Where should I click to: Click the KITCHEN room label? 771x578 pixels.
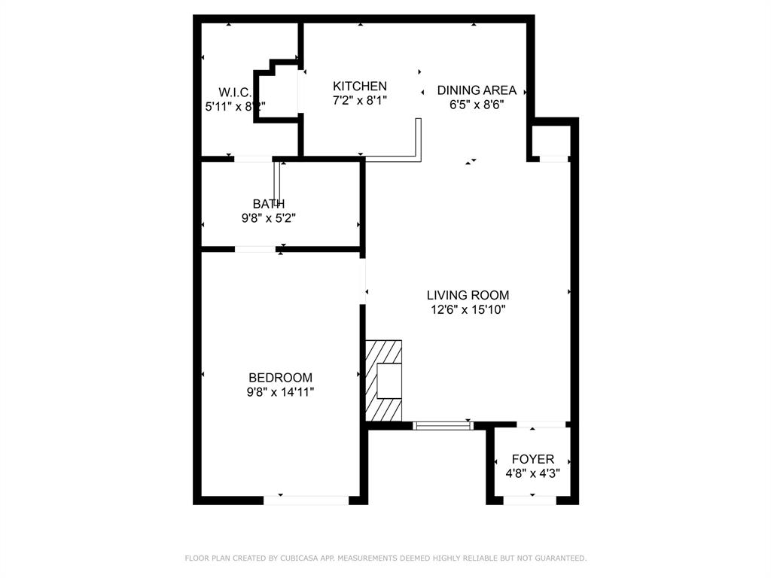[x=360, y=87]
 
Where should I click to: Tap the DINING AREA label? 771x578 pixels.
[x=477, y=90]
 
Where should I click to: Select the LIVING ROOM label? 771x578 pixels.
[x=468, y=295]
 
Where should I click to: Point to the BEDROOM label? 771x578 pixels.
[x=280, y=378]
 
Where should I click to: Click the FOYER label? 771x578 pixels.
[x=532, y=459]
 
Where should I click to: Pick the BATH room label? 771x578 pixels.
[x=268, y=203]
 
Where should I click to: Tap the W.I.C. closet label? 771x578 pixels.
[x=234, y=92]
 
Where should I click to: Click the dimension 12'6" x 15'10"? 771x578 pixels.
[x=468, y=309]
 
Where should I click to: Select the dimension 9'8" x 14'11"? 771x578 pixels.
[x=280, y=392]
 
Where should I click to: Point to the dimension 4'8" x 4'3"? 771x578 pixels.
[x=532, y=473]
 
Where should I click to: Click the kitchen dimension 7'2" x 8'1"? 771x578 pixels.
[x=360, y=101]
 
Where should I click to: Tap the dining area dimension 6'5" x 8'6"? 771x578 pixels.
[x=477, y=105]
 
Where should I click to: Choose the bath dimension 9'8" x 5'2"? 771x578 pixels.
[x=268, y=218]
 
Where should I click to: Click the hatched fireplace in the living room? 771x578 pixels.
[x=383, y=380]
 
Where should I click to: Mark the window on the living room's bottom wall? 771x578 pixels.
[x=443, y=425]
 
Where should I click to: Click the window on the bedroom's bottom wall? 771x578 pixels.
[x=306, y=500]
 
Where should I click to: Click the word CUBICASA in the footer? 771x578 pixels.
[x=297, y=558]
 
